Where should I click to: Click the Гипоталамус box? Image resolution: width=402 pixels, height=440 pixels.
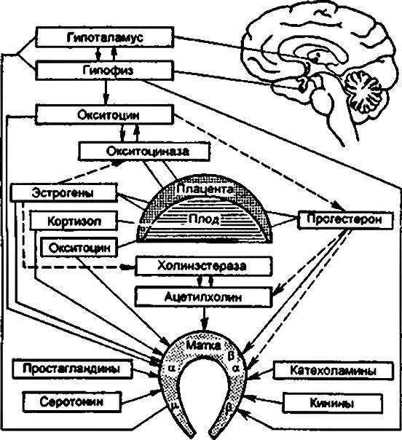104,37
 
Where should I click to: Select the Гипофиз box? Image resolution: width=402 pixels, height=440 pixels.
104,71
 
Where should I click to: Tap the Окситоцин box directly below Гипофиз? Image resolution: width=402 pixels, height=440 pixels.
104,115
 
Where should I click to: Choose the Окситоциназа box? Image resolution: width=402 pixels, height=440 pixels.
145,152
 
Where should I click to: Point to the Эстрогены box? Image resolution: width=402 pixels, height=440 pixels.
63,192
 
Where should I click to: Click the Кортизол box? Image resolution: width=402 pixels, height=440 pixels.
73,221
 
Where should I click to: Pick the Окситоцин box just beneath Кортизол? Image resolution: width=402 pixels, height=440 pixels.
79,247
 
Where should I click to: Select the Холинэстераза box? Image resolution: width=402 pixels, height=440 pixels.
204,266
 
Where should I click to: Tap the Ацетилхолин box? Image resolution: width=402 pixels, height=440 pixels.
204,296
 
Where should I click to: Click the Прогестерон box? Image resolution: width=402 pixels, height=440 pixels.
346,220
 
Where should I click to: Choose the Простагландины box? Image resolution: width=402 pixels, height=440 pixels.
72,369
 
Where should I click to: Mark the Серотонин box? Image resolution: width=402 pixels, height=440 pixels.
72,402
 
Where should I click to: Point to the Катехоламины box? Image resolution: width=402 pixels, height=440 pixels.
333,370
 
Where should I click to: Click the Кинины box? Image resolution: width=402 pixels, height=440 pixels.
333,403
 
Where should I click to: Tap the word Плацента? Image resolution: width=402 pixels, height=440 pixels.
205,189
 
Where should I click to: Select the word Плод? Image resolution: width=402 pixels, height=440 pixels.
204,219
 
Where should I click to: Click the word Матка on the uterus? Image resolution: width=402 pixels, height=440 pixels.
204,345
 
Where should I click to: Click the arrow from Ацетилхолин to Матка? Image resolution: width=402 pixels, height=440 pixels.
205,318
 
